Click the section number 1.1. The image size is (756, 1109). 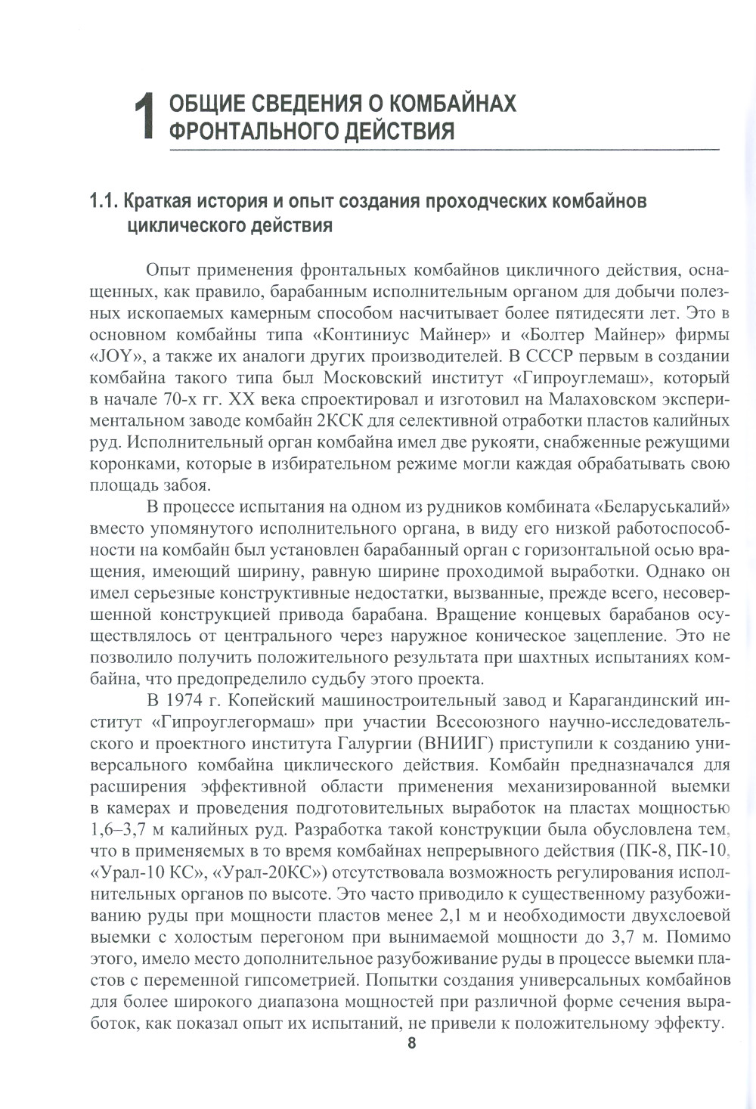104,202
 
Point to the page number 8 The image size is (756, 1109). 411,1044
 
